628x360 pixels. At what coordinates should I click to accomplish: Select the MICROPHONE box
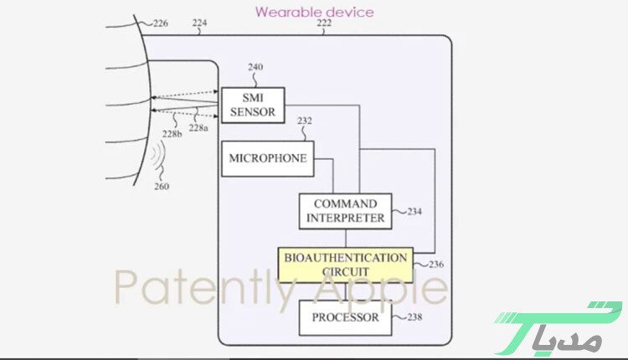tap(267, 158)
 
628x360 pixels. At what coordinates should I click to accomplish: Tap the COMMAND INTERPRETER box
tap(344, 211)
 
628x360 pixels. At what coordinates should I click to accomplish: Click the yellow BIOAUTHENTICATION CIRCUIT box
tap(345, 265)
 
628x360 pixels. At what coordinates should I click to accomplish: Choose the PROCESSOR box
tap(345, 318)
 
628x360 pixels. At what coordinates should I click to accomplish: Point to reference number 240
tap(255, 67)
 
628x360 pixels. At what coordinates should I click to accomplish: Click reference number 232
tap(305, 121)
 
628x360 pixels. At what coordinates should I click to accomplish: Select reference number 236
tap(435, 265)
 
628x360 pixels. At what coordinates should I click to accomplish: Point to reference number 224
tap(199, 23)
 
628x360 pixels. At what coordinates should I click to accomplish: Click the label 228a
tap(198, 128)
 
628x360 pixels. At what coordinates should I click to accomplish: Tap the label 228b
tap(172, 134)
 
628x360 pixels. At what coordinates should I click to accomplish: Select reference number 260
tap(161, 186)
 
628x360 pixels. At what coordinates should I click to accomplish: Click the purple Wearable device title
tap(314, 11)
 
